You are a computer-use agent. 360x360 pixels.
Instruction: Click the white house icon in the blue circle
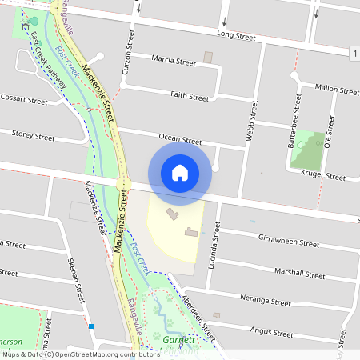(180, 172)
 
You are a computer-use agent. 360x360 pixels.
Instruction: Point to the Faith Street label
(190, 96)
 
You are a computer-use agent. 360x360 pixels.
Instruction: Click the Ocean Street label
(179, 140)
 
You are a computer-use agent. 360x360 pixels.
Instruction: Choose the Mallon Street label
(338, 90)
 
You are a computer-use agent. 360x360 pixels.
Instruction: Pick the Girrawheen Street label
(289, 241)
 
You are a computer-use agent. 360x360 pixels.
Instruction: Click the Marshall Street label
(298, 273)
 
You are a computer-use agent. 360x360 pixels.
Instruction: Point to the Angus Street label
(274, 330)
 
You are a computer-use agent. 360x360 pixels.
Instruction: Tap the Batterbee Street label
(297, 115)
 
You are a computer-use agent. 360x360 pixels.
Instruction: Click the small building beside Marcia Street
(209, 58)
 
